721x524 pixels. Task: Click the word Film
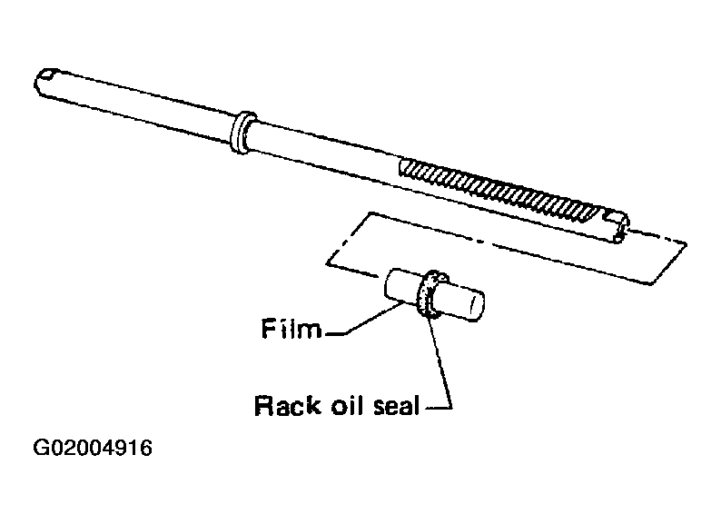click(x=291, y=329)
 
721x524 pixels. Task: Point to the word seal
click(x=396, y=405)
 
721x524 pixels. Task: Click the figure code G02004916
click(x=93, y=448)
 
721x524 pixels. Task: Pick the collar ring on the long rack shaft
click(x=242, y=132)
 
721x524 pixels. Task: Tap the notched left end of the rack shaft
click(x=46, y=82)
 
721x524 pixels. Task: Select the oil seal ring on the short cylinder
click(x=430, y=294)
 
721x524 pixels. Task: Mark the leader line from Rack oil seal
click(x=440, y=363)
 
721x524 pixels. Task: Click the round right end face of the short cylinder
click(x=476, y=306)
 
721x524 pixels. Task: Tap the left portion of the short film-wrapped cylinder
click(x=401, y=286)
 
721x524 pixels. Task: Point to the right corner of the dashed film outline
click(x=686, y=243)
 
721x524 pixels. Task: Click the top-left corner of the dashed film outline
click(x=370, y=213)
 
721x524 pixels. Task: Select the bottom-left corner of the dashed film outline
click(x=328, y=263)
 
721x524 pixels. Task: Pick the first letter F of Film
click(x=268, y=329)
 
